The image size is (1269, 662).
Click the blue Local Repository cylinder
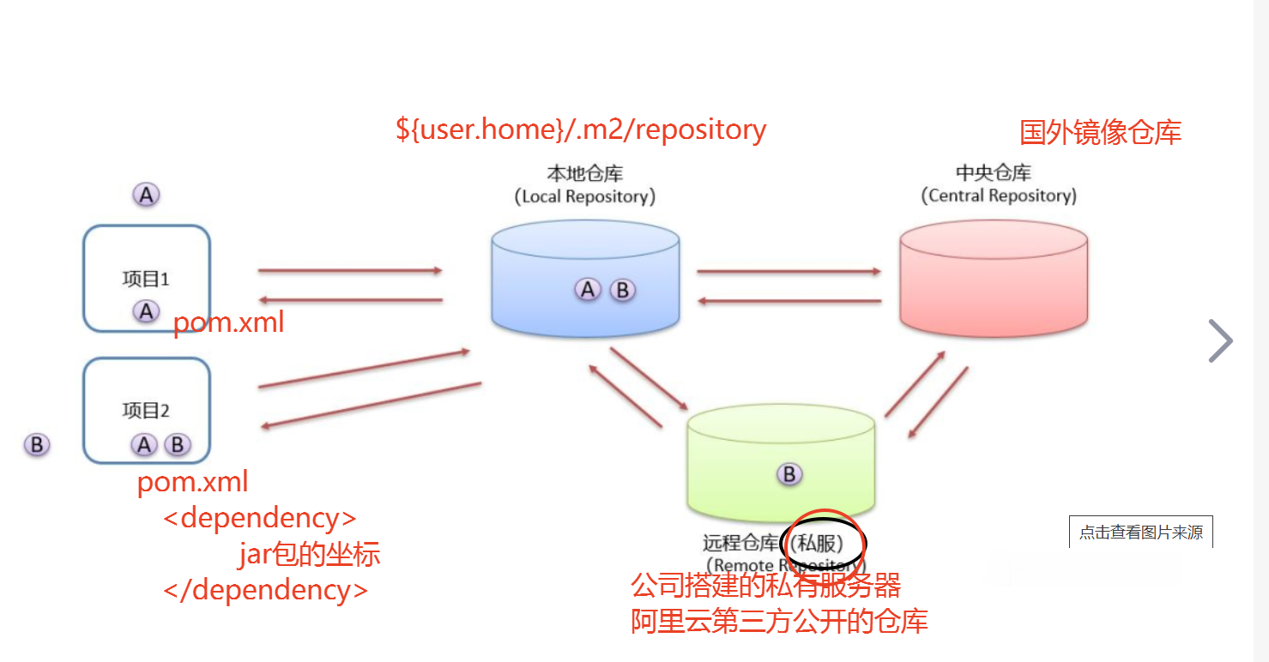pyautogui.click(x=586, y=279)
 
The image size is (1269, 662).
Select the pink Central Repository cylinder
pyautogui.click(x=994, y=279)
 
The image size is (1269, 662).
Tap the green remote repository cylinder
pyautogui.click(x=781, y=463)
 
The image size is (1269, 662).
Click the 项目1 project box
pyautogui.click(x=147, y=279)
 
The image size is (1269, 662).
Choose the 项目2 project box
pyautogui.click(x=147, y=411)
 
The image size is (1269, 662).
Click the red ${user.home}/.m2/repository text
pyautogui.click(x=581, y=129)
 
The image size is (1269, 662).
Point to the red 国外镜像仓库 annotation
pyautogui.click(x=1100, y=132)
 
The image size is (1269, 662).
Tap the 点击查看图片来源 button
pyautogui.click(x=1140, y=533)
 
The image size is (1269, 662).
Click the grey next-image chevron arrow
pyautogui.click(x=1220, y=341)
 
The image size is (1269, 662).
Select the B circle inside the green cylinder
pyautogui.click(x=789, y=474)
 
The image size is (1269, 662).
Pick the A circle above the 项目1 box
pyautogui.click(x=147, y=196)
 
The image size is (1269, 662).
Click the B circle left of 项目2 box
pyautogui.click(x=37, y=445)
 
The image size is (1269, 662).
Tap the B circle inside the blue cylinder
pyautogui.click(x=623, y=290)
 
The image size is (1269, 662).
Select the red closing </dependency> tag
pyautogui.click(x=266, y=590)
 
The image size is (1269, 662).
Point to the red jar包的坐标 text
pyautogui.click(x=309, y=555)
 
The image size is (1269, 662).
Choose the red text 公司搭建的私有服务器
pyautogui.click(x=765, y=587)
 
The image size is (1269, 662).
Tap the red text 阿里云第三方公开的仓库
pyautogui.click(x=779, y=621)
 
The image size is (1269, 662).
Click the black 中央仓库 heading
pyautogui.click(x=994, y=172)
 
